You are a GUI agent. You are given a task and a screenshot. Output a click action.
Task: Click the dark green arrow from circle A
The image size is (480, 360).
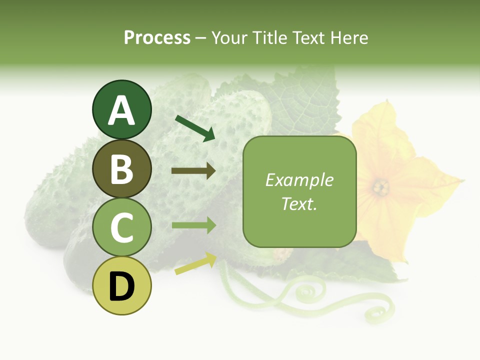(195, 128)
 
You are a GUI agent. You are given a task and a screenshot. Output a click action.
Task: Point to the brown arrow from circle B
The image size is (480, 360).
(193, 171)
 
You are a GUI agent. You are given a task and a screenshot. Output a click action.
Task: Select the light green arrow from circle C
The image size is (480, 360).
(193, 225)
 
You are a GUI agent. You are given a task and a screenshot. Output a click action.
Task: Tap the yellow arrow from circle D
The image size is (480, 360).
(195, 263)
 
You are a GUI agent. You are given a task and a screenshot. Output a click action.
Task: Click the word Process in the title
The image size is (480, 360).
(157, 38)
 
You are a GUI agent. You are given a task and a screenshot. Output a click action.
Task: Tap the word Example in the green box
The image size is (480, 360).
(299, 180)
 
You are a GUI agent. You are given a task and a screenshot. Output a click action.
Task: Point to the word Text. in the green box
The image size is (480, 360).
(299, 203)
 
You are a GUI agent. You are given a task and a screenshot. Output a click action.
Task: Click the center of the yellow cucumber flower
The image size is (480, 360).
(381, 187)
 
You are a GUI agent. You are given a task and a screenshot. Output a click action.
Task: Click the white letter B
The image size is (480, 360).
(122, 169)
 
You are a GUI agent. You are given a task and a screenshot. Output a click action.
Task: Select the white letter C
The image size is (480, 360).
(122, 228)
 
